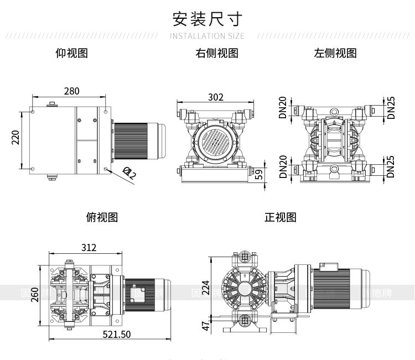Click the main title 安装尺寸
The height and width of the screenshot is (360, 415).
point(207,19)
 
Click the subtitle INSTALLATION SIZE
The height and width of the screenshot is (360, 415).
point(207,36)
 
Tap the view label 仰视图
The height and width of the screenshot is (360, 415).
point(72,53)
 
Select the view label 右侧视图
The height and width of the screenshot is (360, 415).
point(217,53)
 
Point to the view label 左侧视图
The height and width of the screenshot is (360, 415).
point(335,53)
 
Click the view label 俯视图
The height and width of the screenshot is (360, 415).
point(102,217)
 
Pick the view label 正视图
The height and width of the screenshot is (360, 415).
point(281,217)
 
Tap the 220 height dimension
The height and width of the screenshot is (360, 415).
point(15,137)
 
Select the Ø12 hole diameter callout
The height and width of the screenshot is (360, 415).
point(129,174)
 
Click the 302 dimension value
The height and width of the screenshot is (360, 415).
point(216,97)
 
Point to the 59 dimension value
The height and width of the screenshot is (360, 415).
point(258,175)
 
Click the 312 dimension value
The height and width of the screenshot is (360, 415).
point(89,247)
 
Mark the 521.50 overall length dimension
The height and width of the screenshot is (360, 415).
point(117,334)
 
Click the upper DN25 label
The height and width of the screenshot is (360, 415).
point(391,107)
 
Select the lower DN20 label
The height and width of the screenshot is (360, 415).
point(283,166)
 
